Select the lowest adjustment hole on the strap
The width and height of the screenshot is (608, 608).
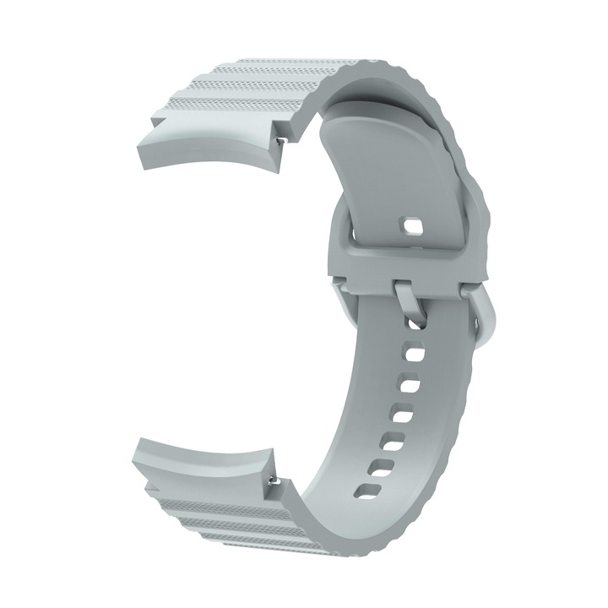coord(366,488)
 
